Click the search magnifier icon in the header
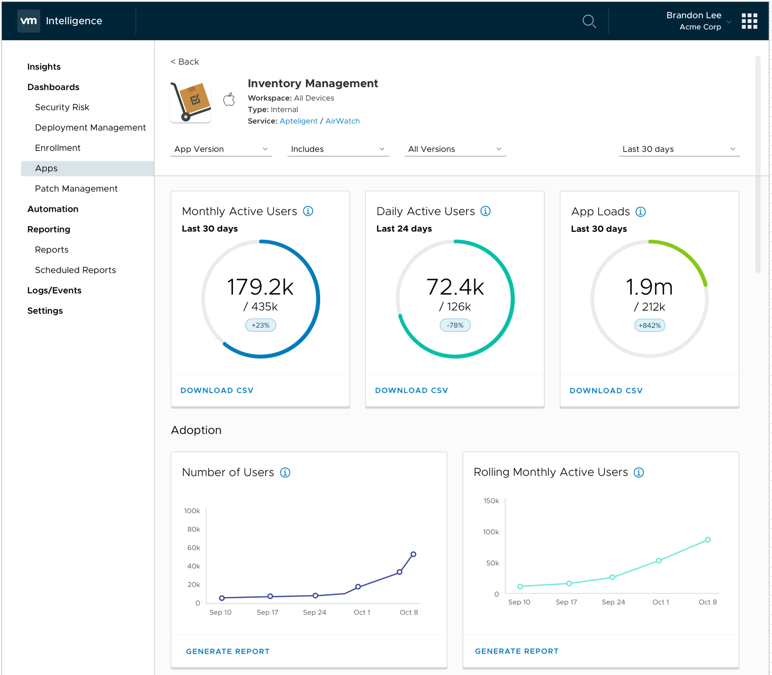[x=589, y=21]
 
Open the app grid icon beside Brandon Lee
[x=749, y=21]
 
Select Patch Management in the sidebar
[x=76, y=189]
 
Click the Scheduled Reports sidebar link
[x=75, y=270]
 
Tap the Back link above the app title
[x=185, y=62]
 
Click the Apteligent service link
[x=298, y=121]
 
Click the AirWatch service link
[x=342, y=121]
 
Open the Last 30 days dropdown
[x=679, y=149]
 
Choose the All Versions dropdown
[x=454, y=149]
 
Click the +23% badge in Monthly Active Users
[x=260, y=325]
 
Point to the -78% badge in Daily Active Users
[x=455, y=325]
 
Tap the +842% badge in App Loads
[x=649, y=326]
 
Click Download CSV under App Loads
[x=606, y=391]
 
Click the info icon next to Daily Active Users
[x=485, y=211]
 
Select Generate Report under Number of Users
[x=228, y=651]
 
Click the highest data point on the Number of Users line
[x=413, y=554]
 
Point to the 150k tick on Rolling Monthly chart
[x=491, y=501]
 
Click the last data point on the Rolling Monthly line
[x=708, y=540]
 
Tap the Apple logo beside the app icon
[x=229, y=100]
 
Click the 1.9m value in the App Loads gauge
[x=649, y=287]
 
